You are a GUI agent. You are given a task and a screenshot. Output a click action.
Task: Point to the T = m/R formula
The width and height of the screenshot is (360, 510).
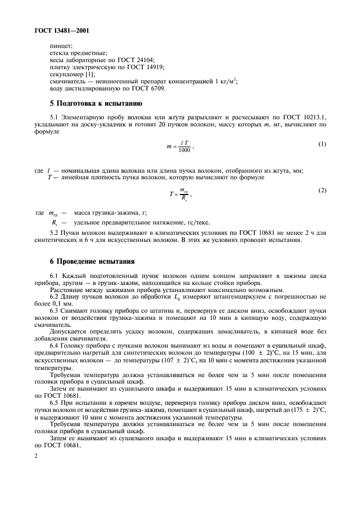(181, 195)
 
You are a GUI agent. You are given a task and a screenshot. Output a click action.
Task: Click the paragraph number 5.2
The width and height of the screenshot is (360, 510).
(55, 233)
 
